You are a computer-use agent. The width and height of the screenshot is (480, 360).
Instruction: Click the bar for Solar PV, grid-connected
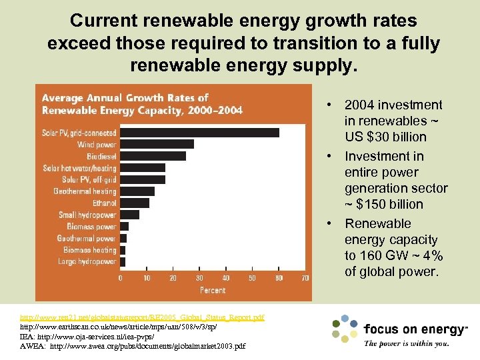[x=199, y=133]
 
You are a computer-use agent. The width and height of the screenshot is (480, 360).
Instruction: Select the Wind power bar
[x=157, y=144]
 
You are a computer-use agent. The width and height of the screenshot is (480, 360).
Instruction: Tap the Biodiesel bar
[x=153, y=156]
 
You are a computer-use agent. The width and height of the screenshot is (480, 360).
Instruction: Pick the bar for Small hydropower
[x=129, y=215]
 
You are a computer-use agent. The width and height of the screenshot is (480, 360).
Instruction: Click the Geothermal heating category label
[x=85, y=191]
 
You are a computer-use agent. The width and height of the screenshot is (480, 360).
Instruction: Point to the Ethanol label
[x=104, y=203]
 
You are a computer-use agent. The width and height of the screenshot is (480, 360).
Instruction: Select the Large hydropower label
[x=86, y=262]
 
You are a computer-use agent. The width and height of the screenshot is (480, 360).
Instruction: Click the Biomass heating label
[x=89, y=250]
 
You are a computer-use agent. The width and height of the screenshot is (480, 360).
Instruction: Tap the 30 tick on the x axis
[x=199, y=277]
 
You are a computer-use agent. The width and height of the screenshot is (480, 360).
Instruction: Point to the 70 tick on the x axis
[x=305, y=277]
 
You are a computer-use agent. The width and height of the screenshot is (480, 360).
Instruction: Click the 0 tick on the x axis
[x=121, y=277]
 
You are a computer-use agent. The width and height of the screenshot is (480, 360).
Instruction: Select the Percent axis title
[x=213, y=290]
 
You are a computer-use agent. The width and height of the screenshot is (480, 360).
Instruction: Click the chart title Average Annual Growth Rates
[x=125, y=98]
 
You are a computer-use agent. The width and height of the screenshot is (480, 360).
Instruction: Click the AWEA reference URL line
[x=133, y=347]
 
